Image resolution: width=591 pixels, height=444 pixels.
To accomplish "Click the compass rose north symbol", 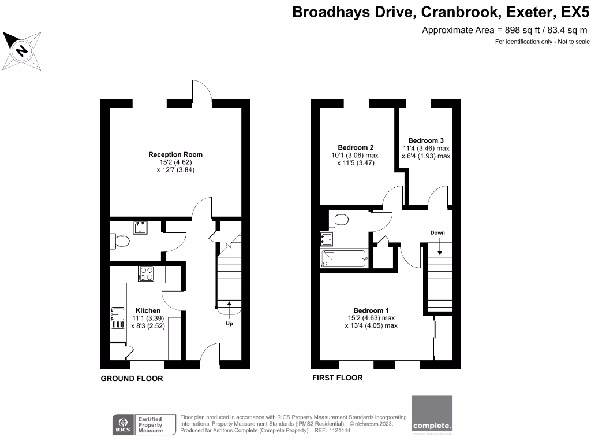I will tap(21, 50).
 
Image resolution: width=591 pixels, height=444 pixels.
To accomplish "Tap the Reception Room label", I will tap(175, 154).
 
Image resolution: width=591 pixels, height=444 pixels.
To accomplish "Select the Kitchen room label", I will tap(148, 310).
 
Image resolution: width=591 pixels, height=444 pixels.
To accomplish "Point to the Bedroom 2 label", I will tap(354, 147).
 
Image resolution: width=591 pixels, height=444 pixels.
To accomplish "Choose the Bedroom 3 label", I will tap(426, 140).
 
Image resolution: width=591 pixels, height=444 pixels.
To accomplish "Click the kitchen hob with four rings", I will tap(147, 273).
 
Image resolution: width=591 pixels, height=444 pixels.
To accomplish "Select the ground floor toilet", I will tap(121, 242).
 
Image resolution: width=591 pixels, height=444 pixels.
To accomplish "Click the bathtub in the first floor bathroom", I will tap(345, 258).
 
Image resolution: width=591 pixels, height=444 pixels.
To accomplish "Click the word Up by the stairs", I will tap(230, 323).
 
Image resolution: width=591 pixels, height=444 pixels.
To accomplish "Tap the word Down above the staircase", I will tap(437, 232).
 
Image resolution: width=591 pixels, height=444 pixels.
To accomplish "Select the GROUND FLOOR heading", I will tap(132, 379).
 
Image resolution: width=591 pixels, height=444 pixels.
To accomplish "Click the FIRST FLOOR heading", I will tap(338, 378).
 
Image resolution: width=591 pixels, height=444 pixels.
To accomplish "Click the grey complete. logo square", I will tap(432, 414).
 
